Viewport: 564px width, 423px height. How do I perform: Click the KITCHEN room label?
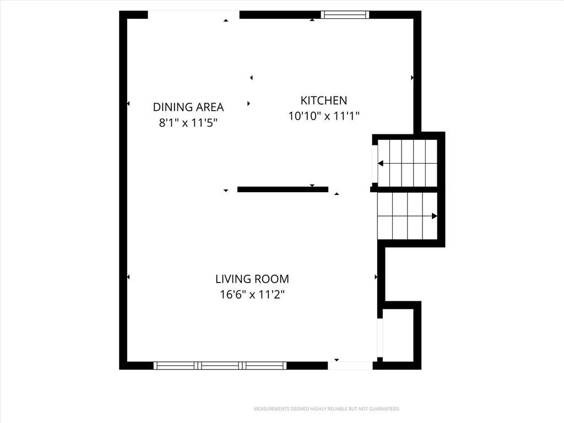[x=324, y=100]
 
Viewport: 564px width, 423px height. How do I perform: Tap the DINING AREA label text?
[x=188, y=107]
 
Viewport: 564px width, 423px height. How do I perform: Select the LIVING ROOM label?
[x=252, y=279]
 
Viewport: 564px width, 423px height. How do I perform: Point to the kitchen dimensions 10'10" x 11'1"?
[x=324, y=116]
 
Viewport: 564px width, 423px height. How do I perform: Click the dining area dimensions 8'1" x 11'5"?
[x=188, y=123]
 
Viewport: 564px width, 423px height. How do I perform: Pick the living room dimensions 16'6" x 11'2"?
[x=252, y=295]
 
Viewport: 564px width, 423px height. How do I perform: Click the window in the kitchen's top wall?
[x=345, y=15]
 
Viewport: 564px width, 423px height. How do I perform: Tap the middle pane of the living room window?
[x=220, y=366]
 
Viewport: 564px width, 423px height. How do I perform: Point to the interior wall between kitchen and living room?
[x=283, y=189]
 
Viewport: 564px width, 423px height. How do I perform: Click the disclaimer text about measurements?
[x=327, y=409]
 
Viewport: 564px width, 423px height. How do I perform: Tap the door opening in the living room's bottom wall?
[x=350, y=366]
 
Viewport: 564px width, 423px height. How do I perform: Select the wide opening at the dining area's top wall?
[x=193, y=15]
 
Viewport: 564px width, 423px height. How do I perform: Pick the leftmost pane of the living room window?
[x=176, y=366]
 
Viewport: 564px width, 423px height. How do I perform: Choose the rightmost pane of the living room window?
[x=264, y=366]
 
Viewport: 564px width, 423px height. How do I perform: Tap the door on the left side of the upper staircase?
[x=375, y=164]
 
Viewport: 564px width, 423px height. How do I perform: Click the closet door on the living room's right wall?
[x=380, y=338]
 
